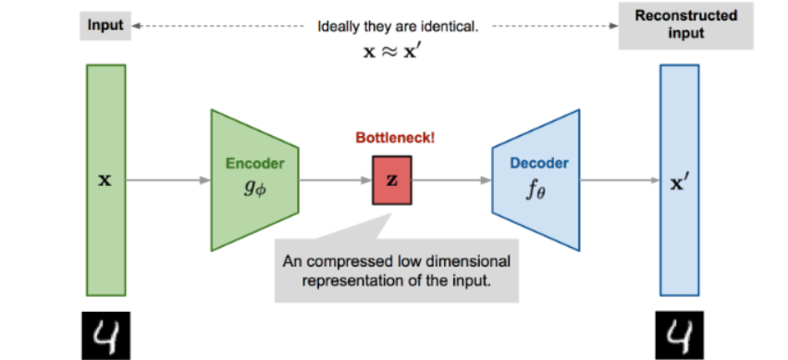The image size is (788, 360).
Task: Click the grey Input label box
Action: [104, 27]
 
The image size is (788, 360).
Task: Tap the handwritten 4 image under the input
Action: [105, 334]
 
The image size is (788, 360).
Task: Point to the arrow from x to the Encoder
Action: [167, 180]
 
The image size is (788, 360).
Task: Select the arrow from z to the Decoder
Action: [452, 180]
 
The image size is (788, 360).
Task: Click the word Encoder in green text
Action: [254, 164]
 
